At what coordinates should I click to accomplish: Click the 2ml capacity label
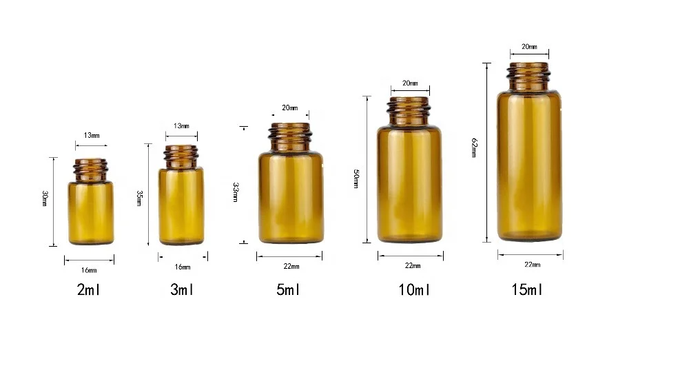[x=90, y=289]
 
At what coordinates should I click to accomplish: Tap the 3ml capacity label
[x=182, y=289]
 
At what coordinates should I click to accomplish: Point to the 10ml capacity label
[x=414, y=289]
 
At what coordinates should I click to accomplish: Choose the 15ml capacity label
[x=528, y=289]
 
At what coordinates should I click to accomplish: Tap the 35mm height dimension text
[x=139, y=198]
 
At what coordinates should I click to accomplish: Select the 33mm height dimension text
[x=236, y=192]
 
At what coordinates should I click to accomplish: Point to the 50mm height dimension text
[x=356, y=178]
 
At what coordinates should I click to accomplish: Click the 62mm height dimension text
[x=474, y=148]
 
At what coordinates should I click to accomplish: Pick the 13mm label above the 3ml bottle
[x=181, y=126]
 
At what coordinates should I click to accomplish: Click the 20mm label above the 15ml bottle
[x=529, y=46]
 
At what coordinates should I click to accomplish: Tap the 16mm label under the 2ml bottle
[x=90, y=269]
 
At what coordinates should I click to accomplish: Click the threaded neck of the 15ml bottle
[x=529, y=73]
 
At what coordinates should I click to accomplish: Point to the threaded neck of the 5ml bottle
[x=290, y=135]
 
